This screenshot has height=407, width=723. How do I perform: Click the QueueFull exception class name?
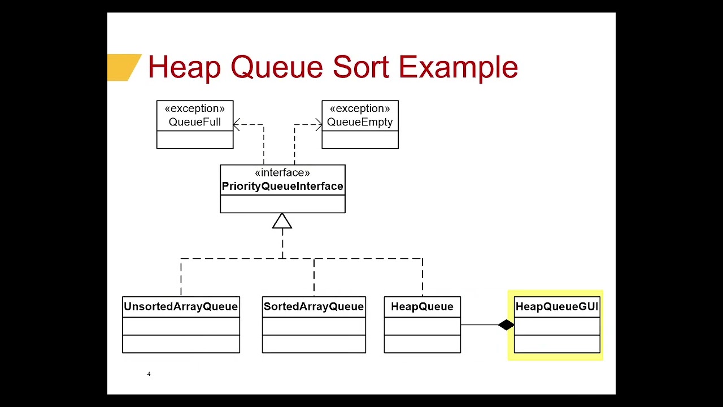[195, 122]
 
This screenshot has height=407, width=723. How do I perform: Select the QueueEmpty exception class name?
[360, 122]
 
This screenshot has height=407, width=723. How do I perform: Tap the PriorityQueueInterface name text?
[282, 187]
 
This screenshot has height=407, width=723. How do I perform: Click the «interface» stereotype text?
[282, 173]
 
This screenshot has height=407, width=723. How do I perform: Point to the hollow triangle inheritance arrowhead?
[282, 221]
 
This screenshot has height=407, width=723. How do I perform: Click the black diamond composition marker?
[506, 325]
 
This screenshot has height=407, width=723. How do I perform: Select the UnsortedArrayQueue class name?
[181, 306]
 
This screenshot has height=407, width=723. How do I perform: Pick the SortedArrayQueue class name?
[313, 306]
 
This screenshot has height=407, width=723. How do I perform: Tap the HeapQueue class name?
[422, 306]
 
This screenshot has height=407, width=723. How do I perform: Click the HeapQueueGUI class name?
[556, 306]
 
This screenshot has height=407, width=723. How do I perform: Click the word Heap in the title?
[184, 67]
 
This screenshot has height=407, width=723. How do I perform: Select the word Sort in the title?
[361, 67]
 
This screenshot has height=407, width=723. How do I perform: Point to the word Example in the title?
[458, 67]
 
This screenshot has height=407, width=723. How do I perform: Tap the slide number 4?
[149, 374]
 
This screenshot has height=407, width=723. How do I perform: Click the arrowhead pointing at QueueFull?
[236, 125]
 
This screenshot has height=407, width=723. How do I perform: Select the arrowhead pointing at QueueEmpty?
[319, 125]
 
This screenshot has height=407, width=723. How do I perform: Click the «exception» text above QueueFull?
[195, 109]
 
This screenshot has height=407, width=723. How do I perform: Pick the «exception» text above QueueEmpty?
[360, 109]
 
